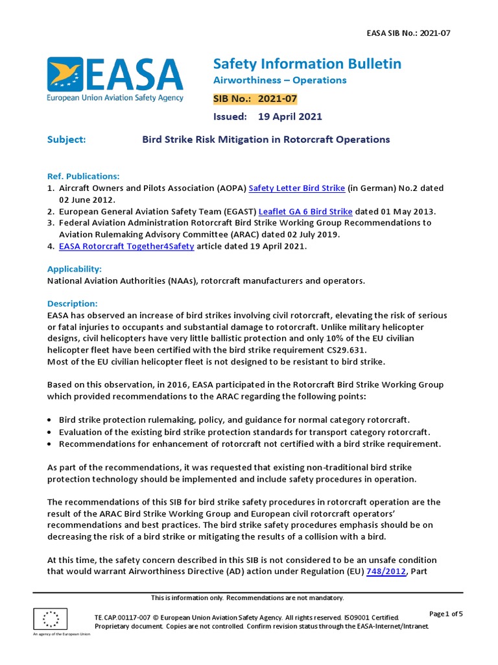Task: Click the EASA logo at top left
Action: tap(115, 80)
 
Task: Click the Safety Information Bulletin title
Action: tap(307, 64)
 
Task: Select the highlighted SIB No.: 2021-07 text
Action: tap(255, 99)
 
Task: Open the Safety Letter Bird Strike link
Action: tap(296, 188)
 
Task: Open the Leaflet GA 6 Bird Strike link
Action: tap(305, 212)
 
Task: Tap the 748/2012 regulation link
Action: tap(386, 571)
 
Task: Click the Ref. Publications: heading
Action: tap(84, 177)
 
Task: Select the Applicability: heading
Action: tap(75, 269)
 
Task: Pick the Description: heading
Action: tap(73, 304)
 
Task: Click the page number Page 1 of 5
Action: tap(445, 614)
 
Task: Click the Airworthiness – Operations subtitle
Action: tap(279, 81)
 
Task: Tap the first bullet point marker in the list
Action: tap(51, 421)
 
